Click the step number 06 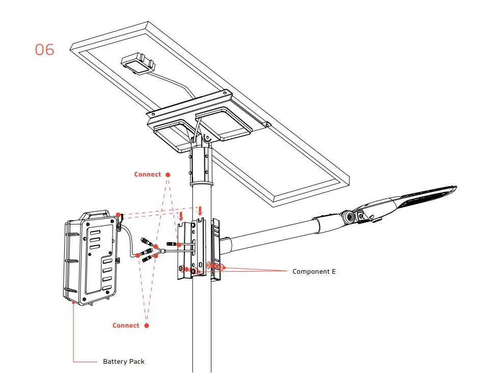(44, 50)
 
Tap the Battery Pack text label (123, 362)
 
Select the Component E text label (314, 272)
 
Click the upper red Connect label (147, 174)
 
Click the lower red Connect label (126, 326)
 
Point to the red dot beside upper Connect (168, 174)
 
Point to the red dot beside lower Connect (147, 326)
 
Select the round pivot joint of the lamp (350, 217)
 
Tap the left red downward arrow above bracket (181, 216)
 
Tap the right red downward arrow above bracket (200, 211)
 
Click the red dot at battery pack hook (118, 215)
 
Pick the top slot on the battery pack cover (94, 231)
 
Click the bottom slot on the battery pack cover (107, 288)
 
